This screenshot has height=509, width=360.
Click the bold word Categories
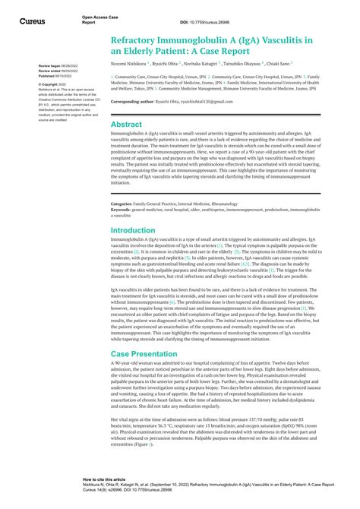tap(122, 204)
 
